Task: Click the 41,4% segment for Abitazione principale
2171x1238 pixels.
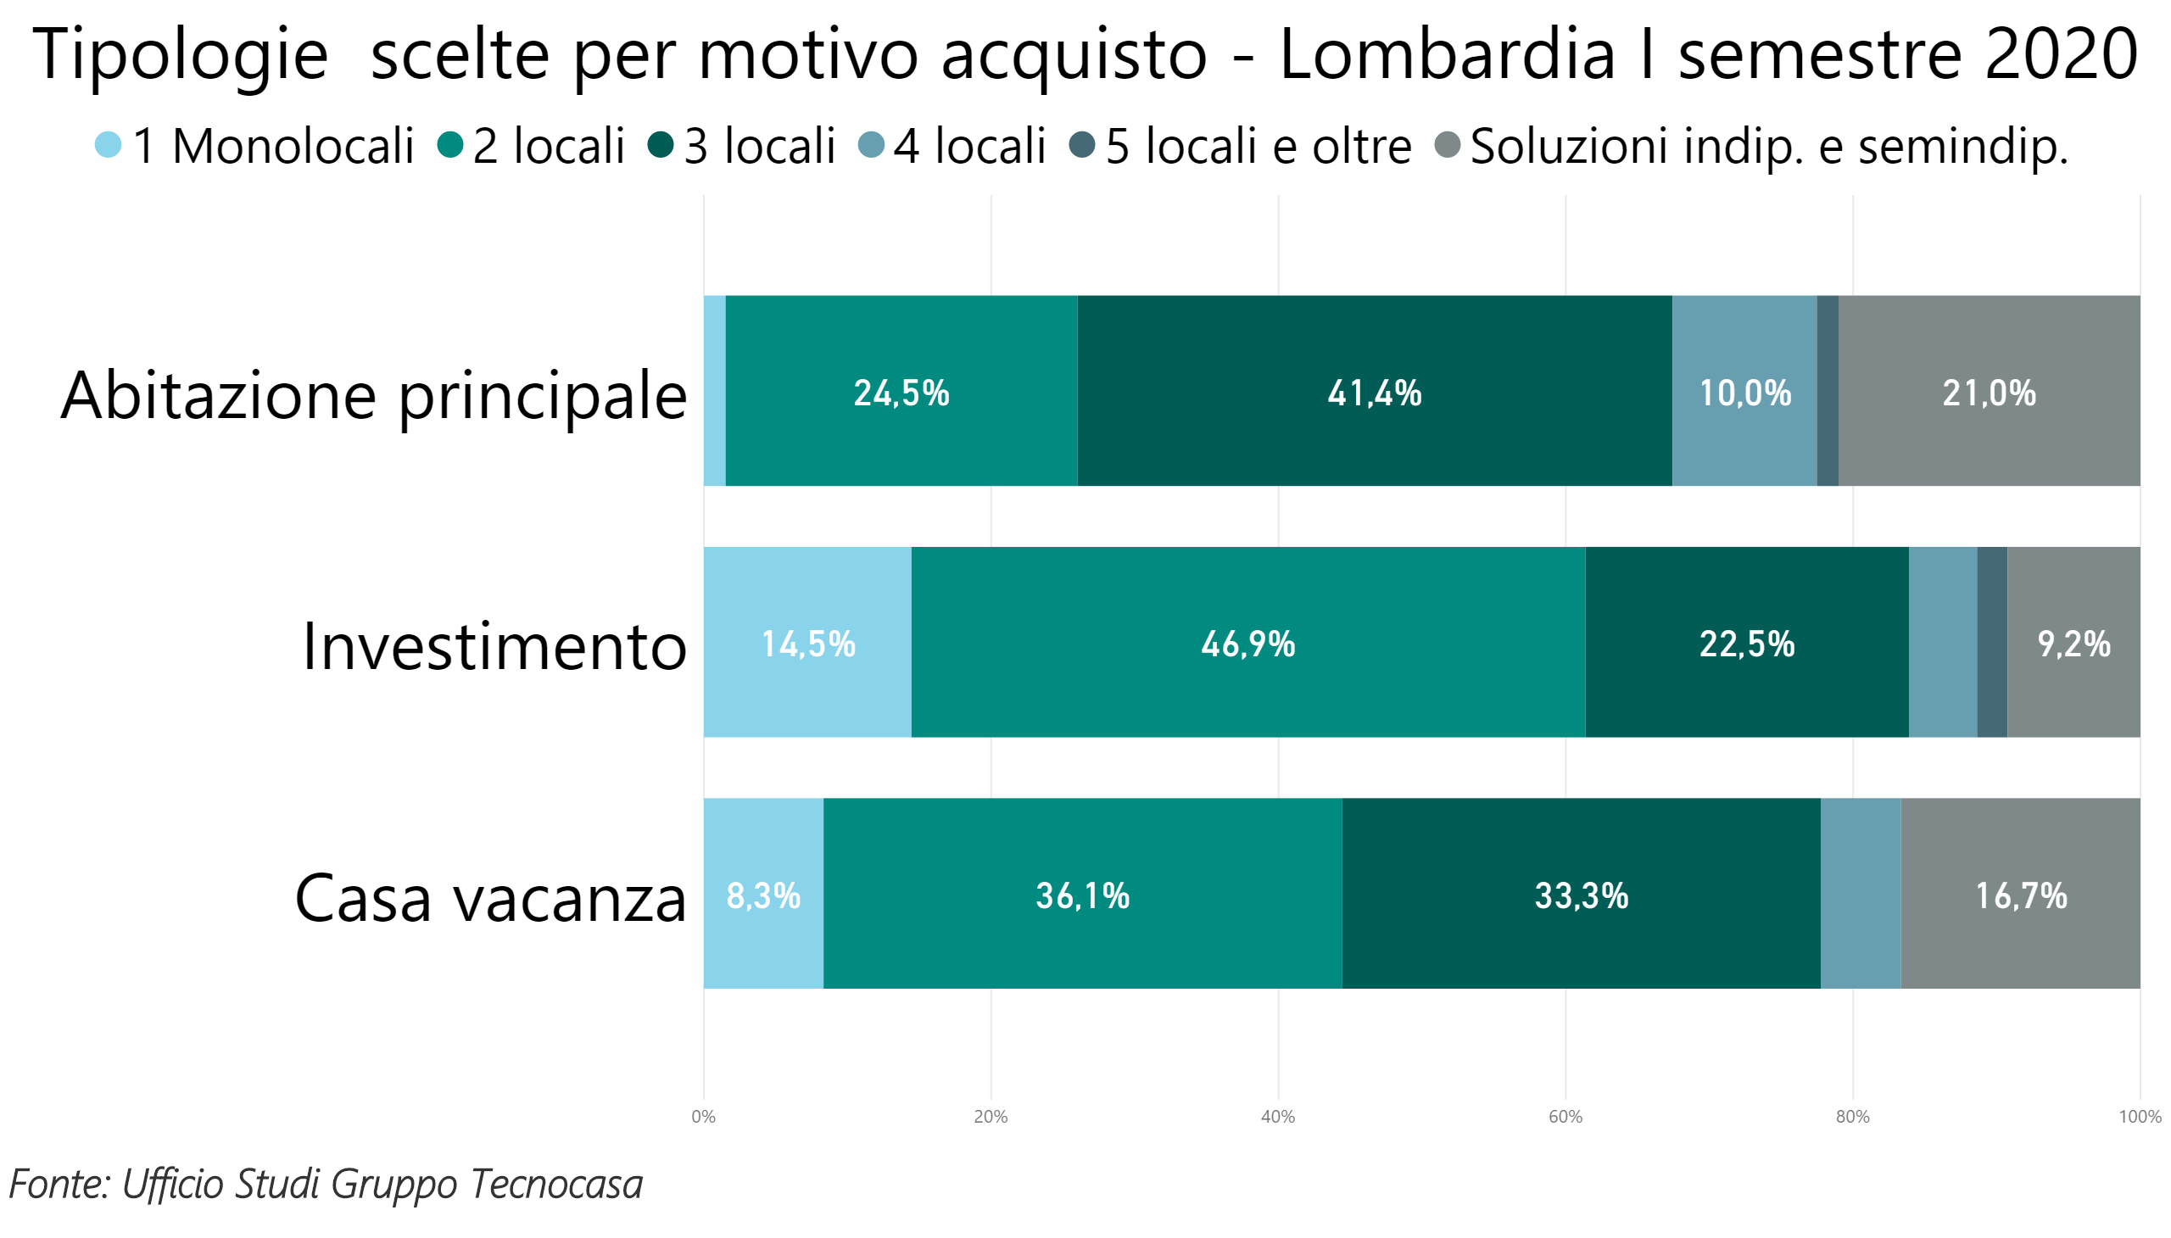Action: (1373, 391)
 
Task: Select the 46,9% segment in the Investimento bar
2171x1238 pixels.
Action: (1247, 643)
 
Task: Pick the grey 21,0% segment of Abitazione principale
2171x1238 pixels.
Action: (1988, 391)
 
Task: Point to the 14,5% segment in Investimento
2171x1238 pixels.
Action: (807, 643)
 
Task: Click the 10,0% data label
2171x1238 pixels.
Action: (1744, 393)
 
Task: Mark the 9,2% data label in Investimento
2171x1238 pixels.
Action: (2073, 644)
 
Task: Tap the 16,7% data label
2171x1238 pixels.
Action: (2021, 895)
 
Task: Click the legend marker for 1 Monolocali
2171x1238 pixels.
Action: (108, 144)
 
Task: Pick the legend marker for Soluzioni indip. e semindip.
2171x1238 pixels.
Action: (1448, 144)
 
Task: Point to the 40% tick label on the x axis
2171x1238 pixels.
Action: (1277, 1117)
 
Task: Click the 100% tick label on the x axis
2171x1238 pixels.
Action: (2139, 1117)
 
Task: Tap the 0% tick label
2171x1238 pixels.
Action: (703, 1117)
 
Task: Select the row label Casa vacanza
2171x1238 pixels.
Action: (490, 898)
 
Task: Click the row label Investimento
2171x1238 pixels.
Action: (494, 646)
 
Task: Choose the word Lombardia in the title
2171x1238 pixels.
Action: (1447, 54)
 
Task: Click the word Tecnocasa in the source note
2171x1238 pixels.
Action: (556, 1184)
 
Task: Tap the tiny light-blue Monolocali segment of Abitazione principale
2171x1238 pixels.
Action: (714, 391)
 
